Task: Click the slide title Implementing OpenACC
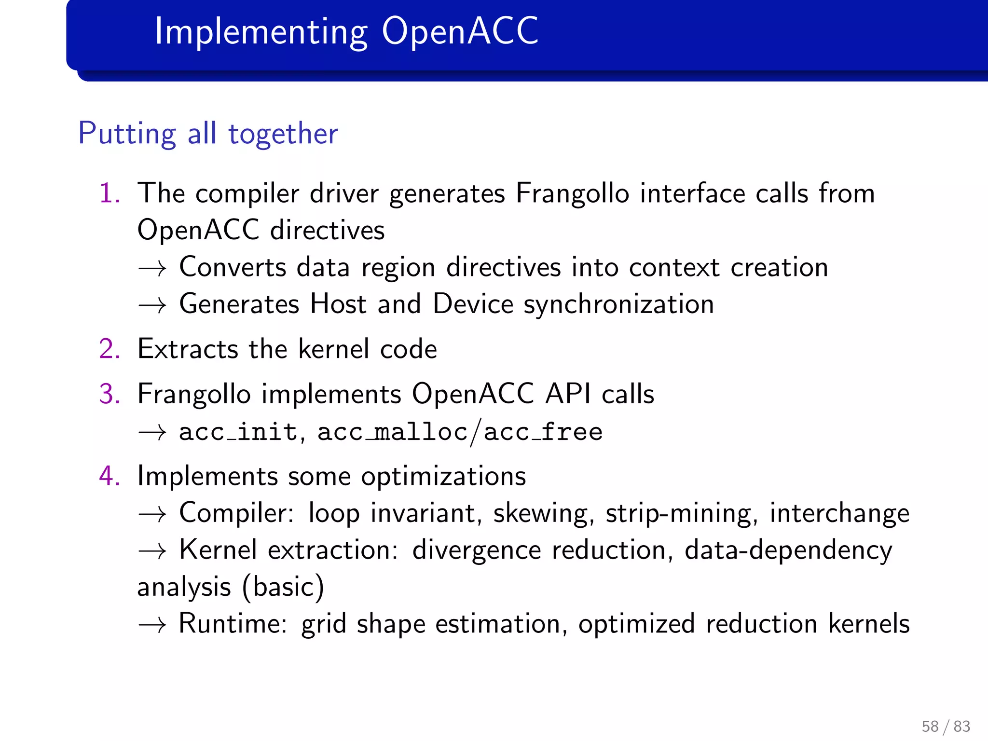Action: pos(346,32)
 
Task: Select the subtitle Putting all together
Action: pos(208,134)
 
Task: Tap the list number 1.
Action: pos(109,193)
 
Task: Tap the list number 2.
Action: pos(109,349)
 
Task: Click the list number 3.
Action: pos(109,394)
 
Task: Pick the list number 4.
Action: pos(109,476)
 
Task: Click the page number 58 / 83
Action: pos(946,726)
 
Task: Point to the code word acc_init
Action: pos(238,432)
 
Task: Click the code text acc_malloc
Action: pos(392,432)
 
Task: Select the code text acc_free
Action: pos(543,432)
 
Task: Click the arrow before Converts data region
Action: pos(152,268)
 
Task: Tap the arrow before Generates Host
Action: pos(152,305)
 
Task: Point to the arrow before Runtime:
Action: pos(152,625)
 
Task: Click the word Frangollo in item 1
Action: pos(572,193)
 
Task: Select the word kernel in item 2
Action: pos(333,349)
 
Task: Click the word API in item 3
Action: pos(568,394)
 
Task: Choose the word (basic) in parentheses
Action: pos(283,587)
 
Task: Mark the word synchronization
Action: pos(618,305)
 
